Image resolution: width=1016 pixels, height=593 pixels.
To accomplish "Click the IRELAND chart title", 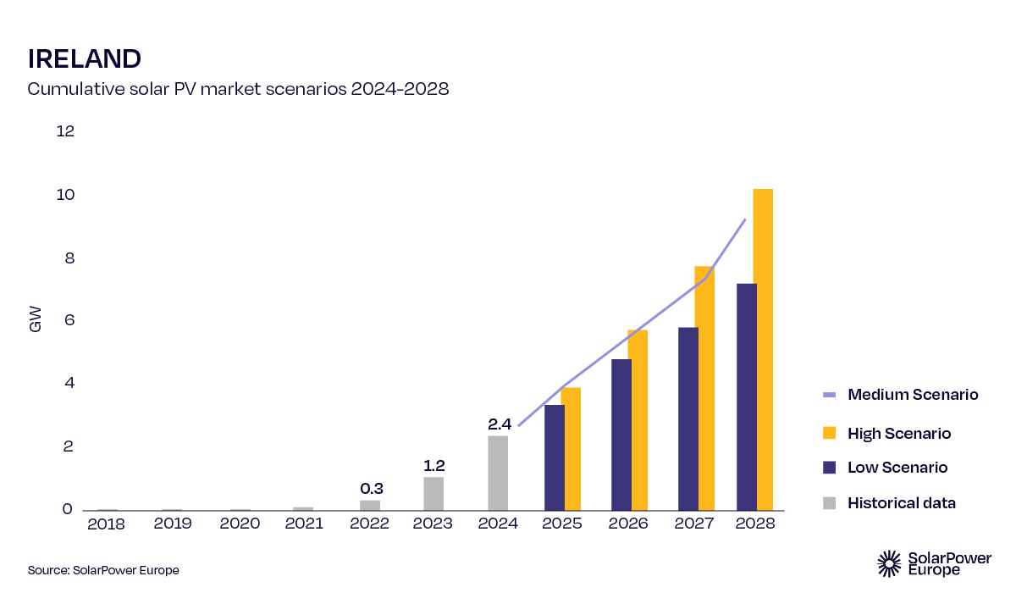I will pos(84,58).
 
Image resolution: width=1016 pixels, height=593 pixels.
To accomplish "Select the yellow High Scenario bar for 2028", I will pos(763,349).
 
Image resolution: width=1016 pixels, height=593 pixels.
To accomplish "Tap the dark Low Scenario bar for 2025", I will pos(554,457).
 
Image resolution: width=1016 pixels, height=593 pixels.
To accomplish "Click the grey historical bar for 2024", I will pos(498,473).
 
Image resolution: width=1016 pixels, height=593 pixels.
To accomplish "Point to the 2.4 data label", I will pos(500,424).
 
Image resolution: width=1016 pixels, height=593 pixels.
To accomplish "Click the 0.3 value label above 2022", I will pos(372,489).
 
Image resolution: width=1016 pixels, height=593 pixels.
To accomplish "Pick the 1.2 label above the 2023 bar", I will pos(433,466).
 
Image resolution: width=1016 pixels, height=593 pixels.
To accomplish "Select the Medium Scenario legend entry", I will pos(900,395).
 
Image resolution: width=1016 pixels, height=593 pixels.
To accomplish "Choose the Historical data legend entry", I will pos(889,503).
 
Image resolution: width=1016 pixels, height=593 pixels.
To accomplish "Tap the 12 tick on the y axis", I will pos(65,131).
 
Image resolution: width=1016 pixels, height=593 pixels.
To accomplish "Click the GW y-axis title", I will pos(36,320).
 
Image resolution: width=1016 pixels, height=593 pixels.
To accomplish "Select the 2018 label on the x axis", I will pos(106,524).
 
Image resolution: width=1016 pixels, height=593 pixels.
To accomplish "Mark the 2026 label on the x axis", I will pos(627,524).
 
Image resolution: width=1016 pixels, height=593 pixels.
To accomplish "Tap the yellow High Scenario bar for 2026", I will pos(637,420).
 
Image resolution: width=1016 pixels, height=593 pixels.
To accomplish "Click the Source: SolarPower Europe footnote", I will pos(103,570).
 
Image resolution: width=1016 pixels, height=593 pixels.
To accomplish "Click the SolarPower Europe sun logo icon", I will pos(889,563).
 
